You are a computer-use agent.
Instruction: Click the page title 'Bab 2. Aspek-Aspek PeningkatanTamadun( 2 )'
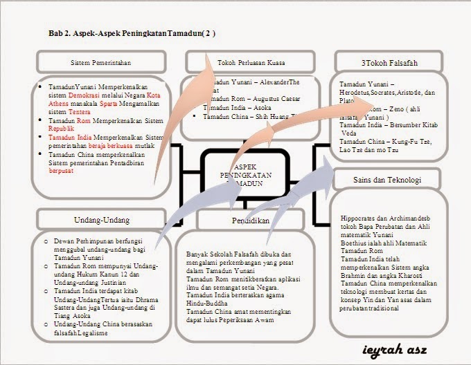[x=132, y=32]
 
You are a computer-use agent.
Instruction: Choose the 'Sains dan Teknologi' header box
[x=387, y=180]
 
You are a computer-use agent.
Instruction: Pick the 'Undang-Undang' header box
[x=102, y=221]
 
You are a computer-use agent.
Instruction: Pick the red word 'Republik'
[x=61, y=129]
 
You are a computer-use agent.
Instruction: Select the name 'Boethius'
[x=355, y=243]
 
